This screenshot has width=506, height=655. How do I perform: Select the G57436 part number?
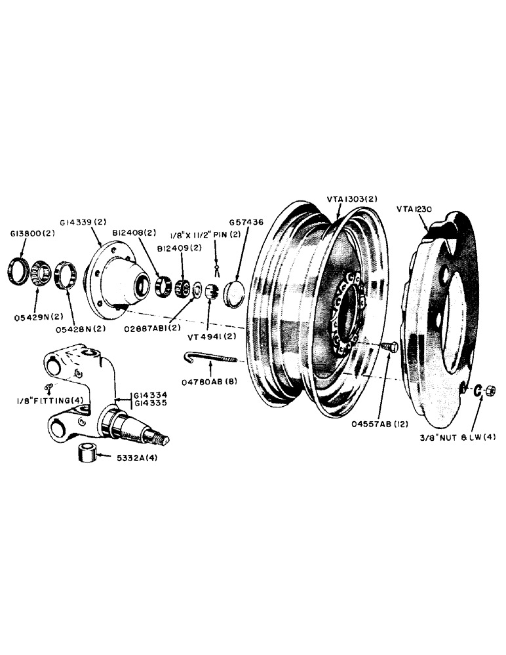247,223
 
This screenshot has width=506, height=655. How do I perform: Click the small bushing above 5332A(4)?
87,453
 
